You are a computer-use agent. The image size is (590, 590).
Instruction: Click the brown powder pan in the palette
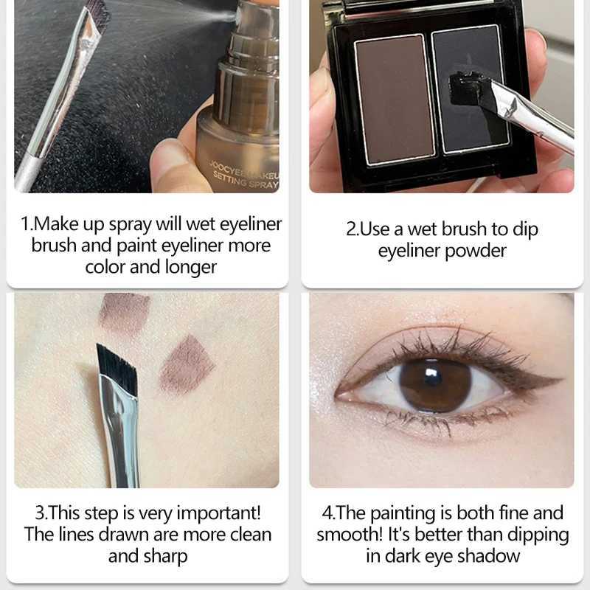(395, 100)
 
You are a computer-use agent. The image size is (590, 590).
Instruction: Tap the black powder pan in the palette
(471, 89)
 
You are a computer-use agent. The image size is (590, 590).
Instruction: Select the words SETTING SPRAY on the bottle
(246, 180)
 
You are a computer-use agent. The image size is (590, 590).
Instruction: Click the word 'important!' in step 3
(219, 513)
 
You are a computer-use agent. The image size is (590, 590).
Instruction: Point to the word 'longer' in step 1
(191, 268)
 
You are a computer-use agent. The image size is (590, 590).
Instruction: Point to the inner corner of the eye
(338, 395)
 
